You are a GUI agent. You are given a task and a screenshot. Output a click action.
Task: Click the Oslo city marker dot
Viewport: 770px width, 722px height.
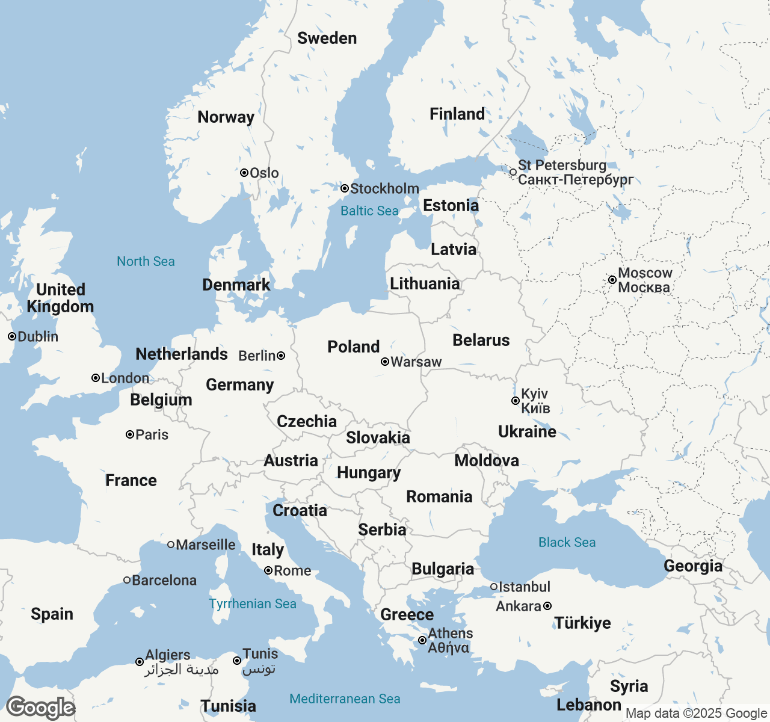(x=244, y=173)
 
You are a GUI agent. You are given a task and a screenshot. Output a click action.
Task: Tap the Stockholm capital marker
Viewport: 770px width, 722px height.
(x=345, y=188)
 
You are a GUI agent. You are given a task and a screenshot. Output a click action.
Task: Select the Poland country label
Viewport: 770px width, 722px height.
(x=353, y=347)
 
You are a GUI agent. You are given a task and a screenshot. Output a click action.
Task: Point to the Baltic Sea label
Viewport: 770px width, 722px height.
(x=369, y=211)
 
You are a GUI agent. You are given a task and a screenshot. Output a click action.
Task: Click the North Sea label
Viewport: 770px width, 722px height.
(x=146, y=261)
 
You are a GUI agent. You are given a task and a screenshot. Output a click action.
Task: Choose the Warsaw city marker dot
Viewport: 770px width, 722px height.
(x=385, y=362)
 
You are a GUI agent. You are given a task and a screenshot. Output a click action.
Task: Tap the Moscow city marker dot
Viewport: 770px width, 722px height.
(x=612, y=280)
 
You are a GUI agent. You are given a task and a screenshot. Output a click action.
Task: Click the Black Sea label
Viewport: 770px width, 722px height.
(x=567, y=542)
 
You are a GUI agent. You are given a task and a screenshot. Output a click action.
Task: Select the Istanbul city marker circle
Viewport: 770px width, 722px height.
(x=494, y=587)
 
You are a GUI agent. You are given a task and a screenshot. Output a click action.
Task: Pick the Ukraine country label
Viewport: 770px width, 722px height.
(x=527, y=431)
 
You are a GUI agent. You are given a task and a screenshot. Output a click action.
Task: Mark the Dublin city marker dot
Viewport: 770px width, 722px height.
(x=12, y=336)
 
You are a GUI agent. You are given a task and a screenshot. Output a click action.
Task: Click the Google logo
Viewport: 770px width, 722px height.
(x=40, y=708)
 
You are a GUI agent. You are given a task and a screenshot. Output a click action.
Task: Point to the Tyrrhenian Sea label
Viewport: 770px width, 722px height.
(x=253, y=603)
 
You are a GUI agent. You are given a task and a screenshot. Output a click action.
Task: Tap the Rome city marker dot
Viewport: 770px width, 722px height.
(x=268, y=570)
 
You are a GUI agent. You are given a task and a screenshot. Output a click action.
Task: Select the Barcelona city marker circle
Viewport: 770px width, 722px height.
(x=127, y=580)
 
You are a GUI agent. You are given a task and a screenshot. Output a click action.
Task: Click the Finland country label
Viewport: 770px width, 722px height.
(x=457, y=114)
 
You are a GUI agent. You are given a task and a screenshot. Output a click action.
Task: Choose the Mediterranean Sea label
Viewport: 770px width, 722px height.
(x=345, y=699)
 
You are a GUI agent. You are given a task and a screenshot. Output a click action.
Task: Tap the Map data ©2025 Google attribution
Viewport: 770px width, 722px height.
(x=696, y=714)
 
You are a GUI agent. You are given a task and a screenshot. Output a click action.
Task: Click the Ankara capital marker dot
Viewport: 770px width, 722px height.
(x=547, y=606)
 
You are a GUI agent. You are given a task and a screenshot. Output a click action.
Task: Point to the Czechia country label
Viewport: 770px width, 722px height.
(x=306, y=421)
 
